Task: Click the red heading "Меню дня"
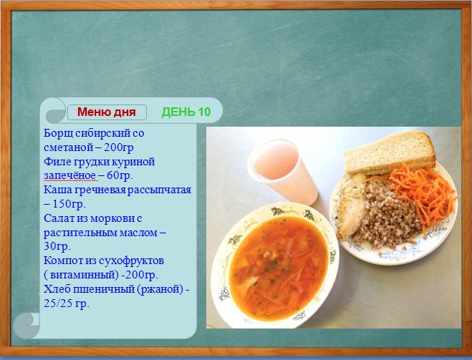pos(107,112)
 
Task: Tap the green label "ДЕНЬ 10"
pos(186,112)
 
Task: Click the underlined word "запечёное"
pos(71,175)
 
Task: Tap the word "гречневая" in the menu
pos(101,190)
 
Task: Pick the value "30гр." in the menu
pos(57,246)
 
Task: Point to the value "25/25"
pos(58,303)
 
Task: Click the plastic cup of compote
pos(281,171)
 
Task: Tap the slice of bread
pos(390,152)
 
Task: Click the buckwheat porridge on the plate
pos(388,213)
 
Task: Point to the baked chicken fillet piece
pos(352,208)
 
